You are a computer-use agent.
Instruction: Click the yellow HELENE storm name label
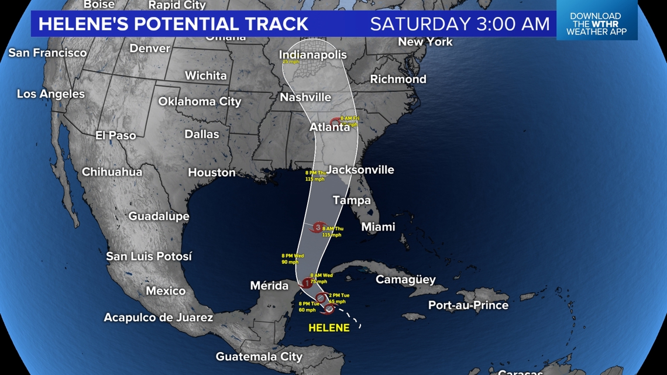(329, 328)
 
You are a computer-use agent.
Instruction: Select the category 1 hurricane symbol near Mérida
(306, 284)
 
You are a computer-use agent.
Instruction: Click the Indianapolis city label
(313, 54)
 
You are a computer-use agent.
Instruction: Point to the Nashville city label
(305, 97)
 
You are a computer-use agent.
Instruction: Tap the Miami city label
(378, 226)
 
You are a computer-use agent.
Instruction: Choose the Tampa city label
(352, 200)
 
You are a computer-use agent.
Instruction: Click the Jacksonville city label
(360, 170)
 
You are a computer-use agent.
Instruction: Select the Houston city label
(212, 172)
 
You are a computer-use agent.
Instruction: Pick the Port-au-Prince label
(468, 305)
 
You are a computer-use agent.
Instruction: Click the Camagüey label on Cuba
(405, 279)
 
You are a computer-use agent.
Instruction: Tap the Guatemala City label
(259, 356)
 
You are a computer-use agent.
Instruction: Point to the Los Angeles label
(51, 94)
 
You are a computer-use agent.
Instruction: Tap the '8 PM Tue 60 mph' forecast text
(308, 307)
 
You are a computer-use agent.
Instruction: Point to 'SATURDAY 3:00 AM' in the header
(460, 24)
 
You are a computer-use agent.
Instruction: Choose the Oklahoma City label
(200, 101)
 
